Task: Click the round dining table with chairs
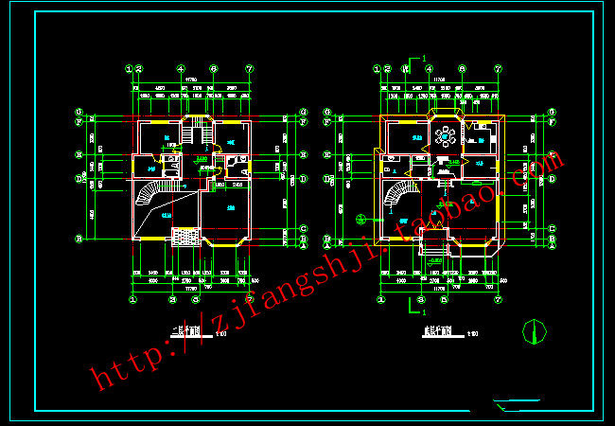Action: pyautogui.click(x=446, y=137)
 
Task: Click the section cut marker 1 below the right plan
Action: pyautogui.click(x=413, y=306)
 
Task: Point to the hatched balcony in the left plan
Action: pyautogui.click(x=184, y=237)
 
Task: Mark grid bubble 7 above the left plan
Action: pyautogui.click(x=250, y=69)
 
